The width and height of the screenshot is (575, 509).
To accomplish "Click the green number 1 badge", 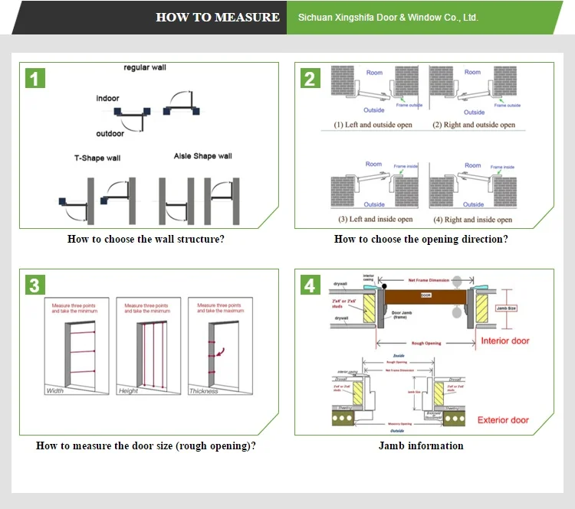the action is point(35,78).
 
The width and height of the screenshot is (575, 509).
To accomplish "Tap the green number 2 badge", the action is point(310,78).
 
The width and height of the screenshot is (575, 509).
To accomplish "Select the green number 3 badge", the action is point(35,285).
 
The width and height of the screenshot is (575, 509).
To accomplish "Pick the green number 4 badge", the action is point(310,285).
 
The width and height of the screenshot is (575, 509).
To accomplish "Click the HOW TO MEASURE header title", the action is point(218,17).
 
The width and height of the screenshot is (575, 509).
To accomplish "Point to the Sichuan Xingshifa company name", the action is point(387,17).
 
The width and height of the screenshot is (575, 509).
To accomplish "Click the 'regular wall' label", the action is point(145,68).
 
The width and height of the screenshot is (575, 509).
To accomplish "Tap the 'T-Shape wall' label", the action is point(97,158).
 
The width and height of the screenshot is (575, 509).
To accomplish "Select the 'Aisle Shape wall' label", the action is point(202,156).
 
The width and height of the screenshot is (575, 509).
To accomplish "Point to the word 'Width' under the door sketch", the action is point(55,391).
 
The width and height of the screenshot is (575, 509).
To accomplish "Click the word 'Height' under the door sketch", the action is point(129,391).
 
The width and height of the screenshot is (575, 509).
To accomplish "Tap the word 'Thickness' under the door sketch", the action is point(204,391).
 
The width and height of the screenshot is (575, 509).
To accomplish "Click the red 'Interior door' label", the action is point(504,341).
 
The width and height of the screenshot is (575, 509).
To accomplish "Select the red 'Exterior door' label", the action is point(503,420).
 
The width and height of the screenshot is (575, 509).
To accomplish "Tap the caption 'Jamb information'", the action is point(421,445).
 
